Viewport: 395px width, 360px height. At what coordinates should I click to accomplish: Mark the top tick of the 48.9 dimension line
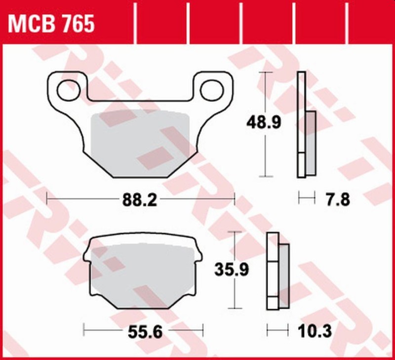pos(266,73)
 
